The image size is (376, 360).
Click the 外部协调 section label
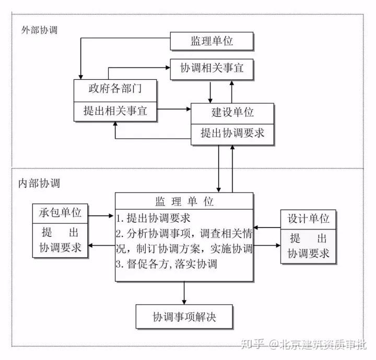pyautogui.click(x=40, y=30)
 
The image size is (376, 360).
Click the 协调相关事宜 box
pyautogui.click(x=211, y=69)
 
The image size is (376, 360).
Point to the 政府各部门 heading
pyautogui.click(x=115, y=89)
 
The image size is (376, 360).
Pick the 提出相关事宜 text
pyautogui.click(x=115, y=111)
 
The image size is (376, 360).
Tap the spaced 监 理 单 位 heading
pyautogui.click(x=184, y=201)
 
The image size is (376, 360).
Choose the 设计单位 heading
pyautogui.click(x=309, y=219)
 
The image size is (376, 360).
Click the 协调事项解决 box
pyautogui.click(x=184, y=316)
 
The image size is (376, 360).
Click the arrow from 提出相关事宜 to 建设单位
pyautogui.click(x=174, y=110)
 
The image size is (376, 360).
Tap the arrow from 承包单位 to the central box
pyautogui.click(x=101, y=214)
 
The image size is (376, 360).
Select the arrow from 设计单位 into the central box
pyautogui.click(x=267, y=227)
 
